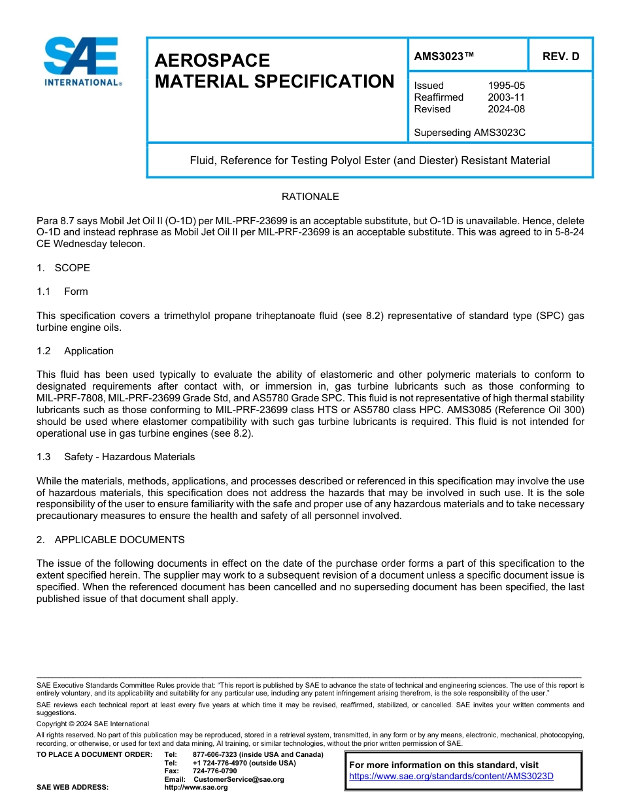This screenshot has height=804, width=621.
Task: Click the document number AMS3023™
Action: point(444,56)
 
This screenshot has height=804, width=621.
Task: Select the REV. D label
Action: point(560,56)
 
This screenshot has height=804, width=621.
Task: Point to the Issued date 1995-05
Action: point(506,86)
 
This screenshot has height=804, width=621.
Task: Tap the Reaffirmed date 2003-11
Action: point(506,97)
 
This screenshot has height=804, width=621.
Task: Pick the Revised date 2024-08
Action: point(506,109)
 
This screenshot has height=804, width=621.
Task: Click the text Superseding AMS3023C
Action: point(469,133)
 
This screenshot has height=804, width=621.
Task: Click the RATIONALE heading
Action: point(310,197)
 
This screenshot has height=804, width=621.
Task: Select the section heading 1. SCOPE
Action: point(63,268)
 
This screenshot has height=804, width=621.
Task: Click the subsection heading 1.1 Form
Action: point(62,292)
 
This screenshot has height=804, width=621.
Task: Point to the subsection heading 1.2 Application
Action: point(75,351)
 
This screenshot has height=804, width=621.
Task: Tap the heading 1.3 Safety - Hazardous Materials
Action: point(116,457)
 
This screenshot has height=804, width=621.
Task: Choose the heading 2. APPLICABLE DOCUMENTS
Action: point(110,540)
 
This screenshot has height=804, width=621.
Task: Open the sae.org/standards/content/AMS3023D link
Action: point(451,777)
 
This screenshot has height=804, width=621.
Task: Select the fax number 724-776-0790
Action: point(214,771)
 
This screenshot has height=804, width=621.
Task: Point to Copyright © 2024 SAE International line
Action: point(93,724)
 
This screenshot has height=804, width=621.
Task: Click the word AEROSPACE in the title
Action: point(212,60)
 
